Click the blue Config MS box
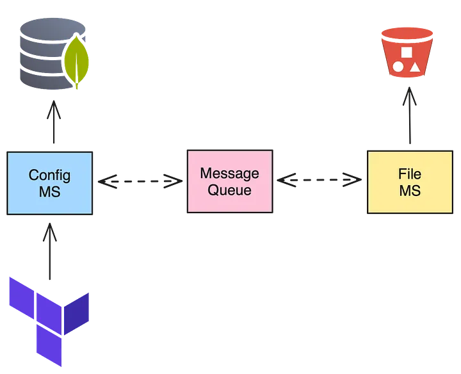tap(50, 183)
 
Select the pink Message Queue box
tap(230, 181)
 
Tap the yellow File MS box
tap(410, 183)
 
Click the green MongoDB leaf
tap(76, 62)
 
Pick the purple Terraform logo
tap(49, 316)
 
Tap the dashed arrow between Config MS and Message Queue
tap(140, 182)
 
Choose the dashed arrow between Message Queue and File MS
tap(319, 181)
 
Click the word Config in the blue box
tap(50, 175)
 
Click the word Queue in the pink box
tap(230, 190)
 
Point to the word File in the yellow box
tap(410, 174)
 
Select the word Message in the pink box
tap(230, 173)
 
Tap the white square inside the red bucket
tap(406, 51)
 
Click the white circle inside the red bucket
tap(398, 66)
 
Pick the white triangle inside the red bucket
tap(414, 66)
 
